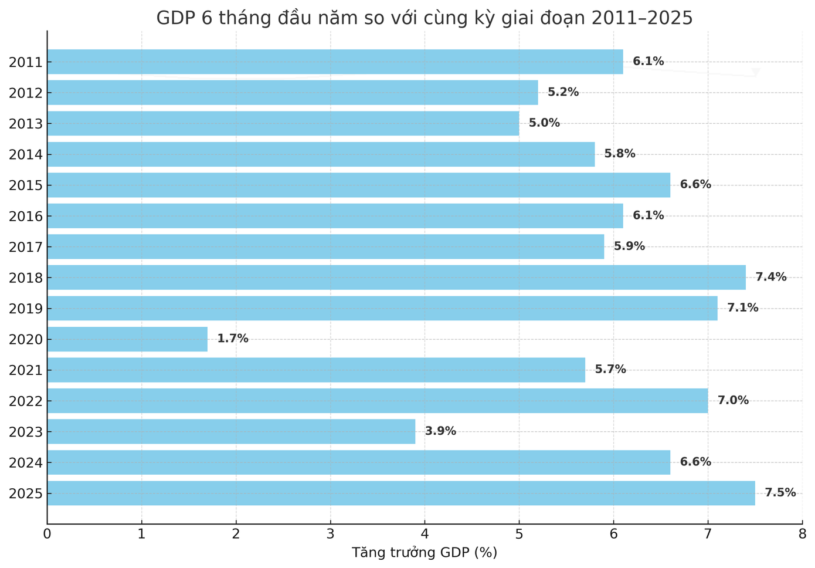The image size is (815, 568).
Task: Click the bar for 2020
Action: (127, 339)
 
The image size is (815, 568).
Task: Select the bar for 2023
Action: (231, 431)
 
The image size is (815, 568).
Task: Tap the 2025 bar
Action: (401, 493)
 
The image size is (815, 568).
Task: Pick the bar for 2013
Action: (283, 123)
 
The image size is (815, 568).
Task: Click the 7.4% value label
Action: (771, 277)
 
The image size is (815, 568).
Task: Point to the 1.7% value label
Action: (233, 339)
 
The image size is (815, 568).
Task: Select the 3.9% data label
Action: (440, 431)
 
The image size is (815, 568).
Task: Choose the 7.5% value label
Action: (780, 493)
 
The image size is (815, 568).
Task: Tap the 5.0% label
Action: (544, 123)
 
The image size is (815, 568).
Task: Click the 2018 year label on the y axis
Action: (26, 278)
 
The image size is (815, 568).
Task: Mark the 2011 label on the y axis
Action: (26, 62)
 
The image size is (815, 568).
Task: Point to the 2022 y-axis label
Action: (26, 401)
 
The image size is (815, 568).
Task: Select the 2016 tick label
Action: (26, 216)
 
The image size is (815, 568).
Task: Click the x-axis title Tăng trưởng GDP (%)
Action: (424, 553)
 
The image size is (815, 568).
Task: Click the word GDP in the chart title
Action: (174, 18)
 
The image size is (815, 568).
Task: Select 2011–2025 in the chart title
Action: (641, 18)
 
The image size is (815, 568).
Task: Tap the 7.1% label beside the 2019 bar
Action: (743, 308)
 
